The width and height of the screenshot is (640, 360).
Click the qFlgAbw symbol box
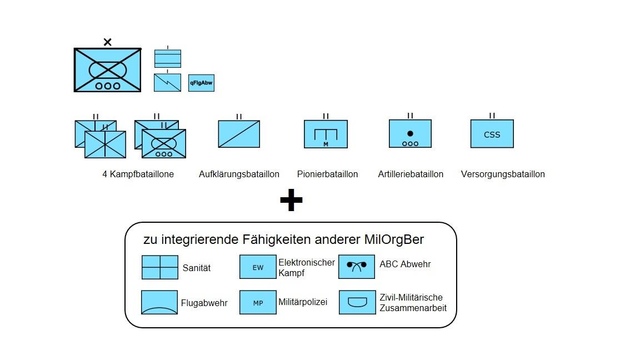[x=201, y=83]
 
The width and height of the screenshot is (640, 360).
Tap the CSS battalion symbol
[x=492, y=134]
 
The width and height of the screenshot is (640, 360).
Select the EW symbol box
[x=258, y=267]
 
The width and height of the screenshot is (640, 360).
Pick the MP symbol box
[x=258, y=303]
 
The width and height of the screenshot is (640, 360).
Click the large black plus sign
[x=291, y=201]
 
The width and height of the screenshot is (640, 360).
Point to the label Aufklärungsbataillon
[x=239, y=174]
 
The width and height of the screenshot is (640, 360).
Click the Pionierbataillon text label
[x=327, y=174]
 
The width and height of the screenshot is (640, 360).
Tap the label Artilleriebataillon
[x=411, y=174]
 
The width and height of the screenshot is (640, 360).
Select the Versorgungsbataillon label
[x=503, y=174]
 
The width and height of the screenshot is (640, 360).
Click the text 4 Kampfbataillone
[x=138, y=174]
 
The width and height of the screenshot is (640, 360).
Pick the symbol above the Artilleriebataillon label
[x=410, y=133]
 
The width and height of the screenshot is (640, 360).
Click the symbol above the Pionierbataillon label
[x=326, y=134]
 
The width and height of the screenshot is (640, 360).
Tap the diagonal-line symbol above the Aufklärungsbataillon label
[x=239, y=134]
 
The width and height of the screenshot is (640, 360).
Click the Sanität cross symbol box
[x=160, y=267]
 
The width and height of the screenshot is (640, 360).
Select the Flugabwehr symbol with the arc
[x=159, y=302]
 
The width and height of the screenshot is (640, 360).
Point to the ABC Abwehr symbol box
[x=357, y=267]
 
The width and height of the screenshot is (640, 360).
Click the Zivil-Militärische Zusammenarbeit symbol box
[x=357, y=303]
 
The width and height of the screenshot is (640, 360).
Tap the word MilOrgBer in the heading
[x=394, y=239]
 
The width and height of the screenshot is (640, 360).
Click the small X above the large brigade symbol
[x=108, y=42]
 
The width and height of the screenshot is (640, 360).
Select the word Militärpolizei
[x=303, y=302]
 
